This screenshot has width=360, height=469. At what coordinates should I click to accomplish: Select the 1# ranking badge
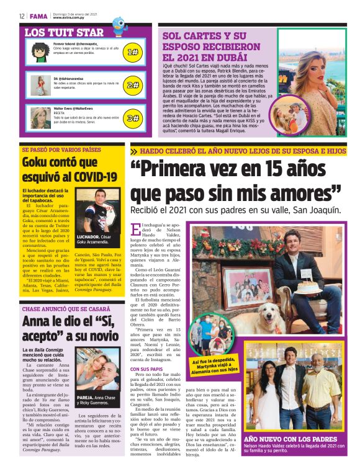point(132,52)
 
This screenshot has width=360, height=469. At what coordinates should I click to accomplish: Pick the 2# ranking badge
point(132,85)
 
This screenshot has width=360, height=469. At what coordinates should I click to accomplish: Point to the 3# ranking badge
point(132,118)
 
